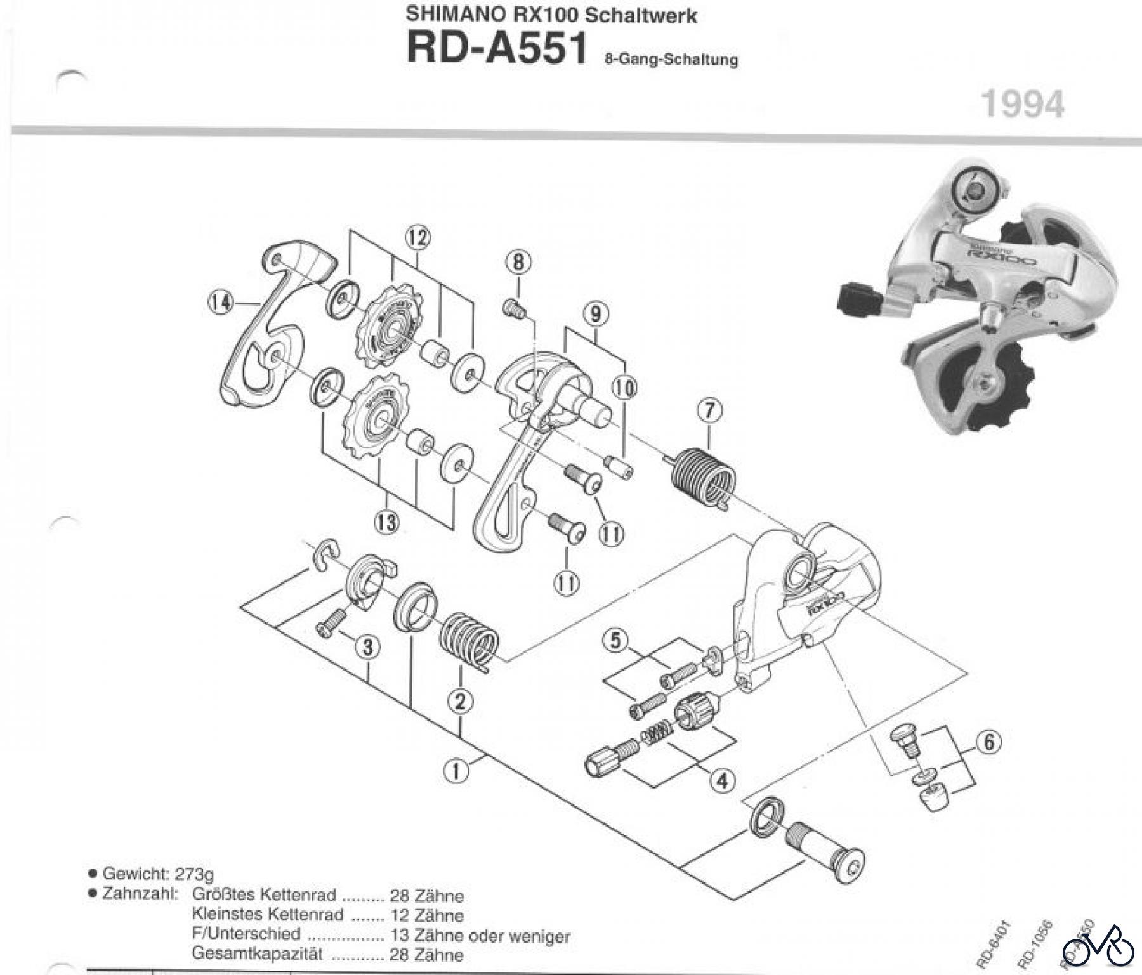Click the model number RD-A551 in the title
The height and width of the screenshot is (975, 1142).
(497, 48)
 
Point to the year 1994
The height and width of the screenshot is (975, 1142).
(1023, 104)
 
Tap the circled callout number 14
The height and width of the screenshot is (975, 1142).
(220, 303)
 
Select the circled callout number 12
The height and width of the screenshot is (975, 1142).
(417, 239)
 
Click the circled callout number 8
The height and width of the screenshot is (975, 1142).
(518, 262)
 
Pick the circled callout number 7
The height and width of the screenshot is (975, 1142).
(709, 411)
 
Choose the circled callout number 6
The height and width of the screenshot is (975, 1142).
(988, 742)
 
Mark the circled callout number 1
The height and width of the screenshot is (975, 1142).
(456, 771)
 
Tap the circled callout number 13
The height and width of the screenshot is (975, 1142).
(386, 523)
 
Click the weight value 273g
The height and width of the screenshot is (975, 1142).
(194, 874)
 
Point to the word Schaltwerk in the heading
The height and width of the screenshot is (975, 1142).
(641, 15)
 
